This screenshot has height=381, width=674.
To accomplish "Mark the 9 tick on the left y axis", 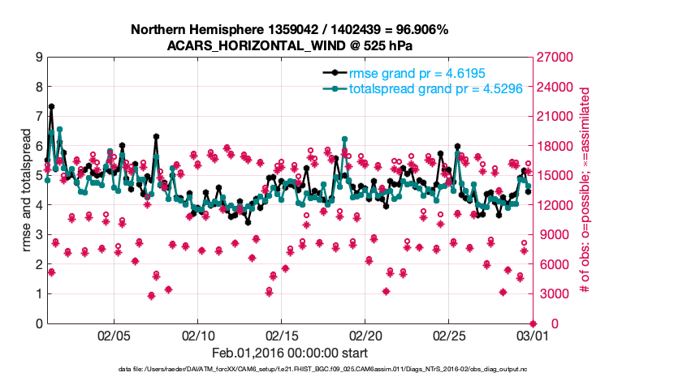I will [38, 58].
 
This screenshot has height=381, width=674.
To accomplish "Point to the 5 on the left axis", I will [38, 176].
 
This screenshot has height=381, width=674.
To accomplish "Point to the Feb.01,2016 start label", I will [289, 353].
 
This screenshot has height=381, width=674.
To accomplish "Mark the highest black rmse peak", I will [51, 106].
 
